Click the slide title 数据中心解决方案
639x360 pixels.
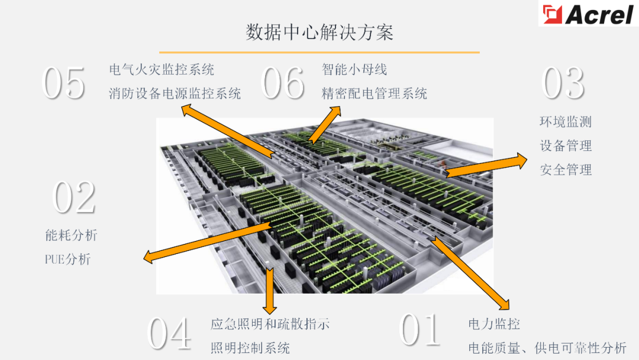(x=319, y=32)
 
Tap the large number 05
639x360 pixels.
(x=64, y=83)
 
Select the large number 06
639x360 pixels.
(x=283, y=83)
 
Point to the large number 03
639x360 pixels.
(x=563, y=83)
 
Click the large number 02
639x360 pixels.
(x=74, y=198)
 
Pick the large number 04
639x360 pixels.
(x=169, y=333)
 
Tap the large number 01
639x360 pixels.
(x=421, y=330)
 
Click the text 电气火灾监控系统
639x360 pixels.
(x=162, y=69)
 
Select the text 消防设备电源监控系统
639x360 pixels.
(x=175, y=93)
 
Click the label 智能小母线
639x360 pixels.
(x=354, y=69)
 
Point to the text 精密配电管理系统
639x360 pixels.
(x=374, y=93)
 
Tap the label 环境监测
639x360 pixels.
(x=565, y=122)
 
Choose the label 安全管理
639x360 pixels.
(x=565, y=170)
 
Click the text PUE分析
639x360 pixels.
(x=67, y=259)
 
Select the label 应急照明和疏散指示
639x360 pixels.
(x=270, y=324)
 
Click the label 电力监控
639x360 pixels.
(x=494, y=324)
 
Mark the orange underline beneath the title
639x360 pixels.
(x=319, y=53)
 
